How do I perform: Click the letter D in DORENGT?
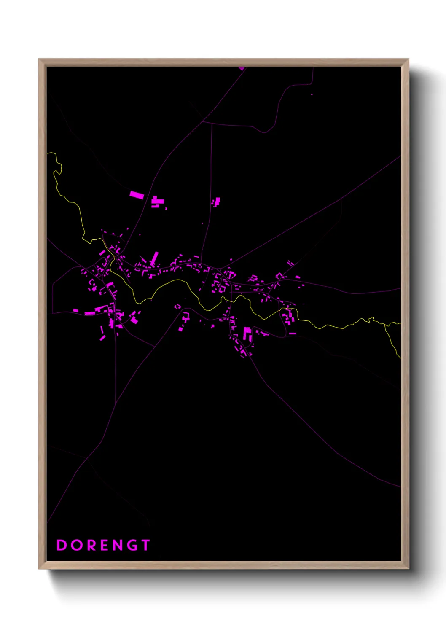pos(62,545)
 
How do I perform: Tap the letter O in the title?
pos(76,545)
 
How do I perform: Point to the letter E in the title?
pos(104,545)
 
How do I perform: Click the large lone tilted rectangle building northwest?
pos(137,195)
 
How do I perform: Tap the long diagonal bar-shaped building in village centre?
pos(154,258)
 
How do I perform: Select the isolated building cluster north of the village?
pos(216,202)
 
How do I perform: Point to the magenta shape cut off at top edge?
pos(241,68)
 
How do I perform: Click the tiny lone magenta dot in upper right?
pos(312,94)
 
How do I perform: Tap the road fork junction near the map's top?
pos(203,122)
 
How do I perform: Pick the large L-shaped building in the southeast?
pos(247,334)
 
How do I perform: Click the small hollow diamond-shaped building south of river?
pos(178,307)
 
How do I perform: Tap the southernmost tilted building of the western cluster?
pos(102,338)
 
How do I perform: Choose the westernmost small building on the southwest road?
pos(75,311)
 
